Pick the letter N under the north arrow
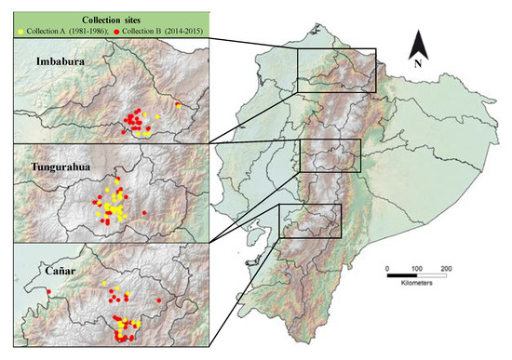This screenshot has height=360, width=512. coord(420,64)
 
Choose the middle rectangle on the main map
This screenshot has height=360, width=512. coord(330,156)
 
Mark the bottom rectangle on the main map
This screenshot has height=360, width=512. coord(311,220)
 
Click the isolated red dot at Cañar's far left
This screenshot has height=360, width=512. coord(44,292)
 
